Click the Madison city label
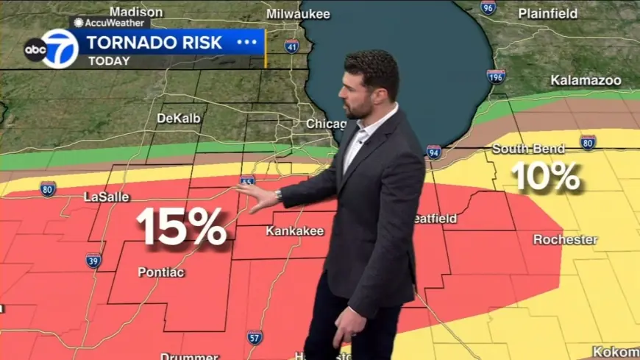tap(136, 12)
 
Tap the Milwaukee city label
tap(298, 14)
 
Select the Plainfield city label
tap(548, 13)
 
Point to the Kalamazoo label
tap(586, 80)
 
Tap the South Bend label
tap(528, 149)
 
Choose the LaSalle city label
tap(107, 197)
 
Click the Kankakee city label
tap(294, 231)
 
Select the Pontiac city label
tap(161, 272)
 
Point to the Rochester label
tap(565, 240)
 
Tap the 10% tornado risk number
tap(546, 177)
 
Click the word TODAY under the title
tap(110, 61)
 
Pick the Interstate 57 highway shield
tap(255, 337)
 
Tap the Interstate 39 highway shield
tap(93, 261)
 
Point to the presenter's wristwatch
tap(279, 195)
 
